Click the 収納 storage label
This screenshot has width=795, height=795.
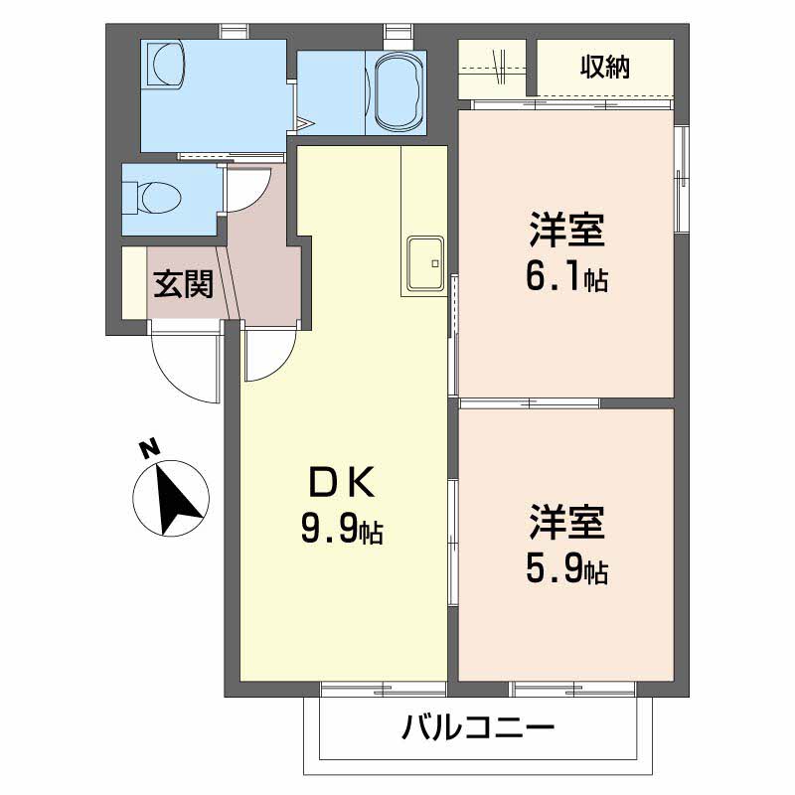605,68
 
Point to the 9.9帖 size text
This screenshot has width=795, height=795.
342,532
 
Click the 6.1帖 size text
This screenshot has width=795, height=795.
566,279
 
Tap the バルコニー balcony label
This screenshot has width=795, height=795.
477,731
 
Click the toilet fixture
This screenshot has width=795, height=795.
159,198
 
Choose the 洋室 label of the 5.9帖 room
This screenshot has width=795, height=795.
566,524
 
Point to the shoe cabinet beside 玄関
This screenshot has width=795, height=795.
133,282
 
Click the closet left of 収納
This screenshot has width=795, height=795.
494,68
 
